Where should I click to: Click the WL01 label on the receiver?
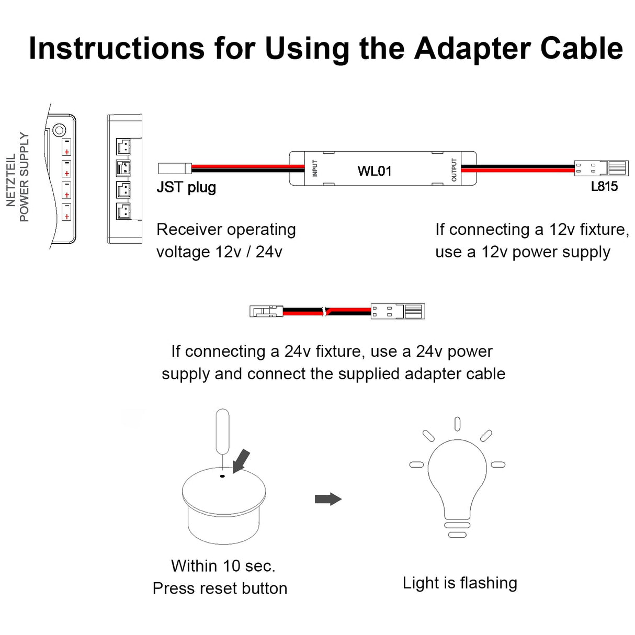374,171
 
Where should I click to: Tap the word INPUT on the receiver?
315,168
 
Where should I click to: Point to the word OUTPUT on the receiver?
453,169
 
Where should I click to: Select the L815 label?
604,186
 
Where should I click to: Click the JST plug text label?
186,187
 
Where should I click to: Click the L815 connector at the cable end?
602,168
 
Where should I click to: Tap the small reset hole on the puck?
222,476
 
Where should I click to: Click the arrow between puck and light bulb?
328,499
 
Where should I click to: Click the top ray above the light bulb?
457,424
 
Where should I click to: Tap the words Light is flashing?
460,583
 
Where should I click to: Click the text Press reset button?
220,588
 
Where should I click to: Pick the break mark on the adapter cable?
326,311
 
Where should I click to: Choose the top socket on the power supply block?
123,146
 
